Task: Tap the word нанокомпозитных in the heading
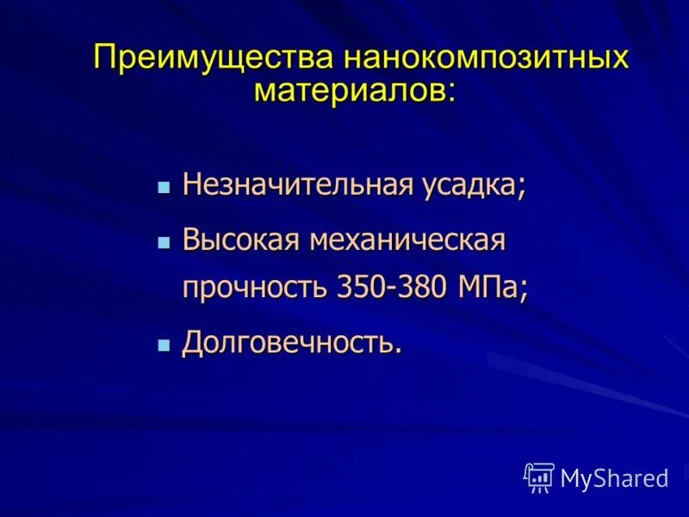click(487, 60)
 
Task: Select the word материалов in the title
click(349, 89)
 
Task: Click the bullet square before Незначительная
click(164, 187)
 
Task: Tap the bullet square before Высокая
click(164, 242)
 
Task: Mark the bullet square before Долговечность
click(164, 344)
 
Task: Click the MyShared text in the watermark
click(614, 478)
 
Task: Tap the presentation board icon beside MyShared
click(539, 477)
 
